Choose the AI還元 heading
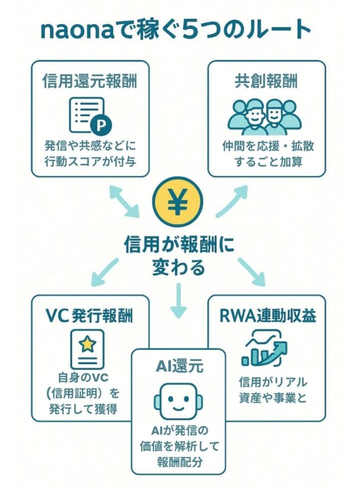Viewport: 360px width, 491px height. (178, 367)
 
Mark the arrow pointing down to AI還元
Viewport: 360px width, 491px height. (178, 300)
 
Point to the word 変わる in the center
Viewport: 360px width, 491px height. (178, 267)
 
